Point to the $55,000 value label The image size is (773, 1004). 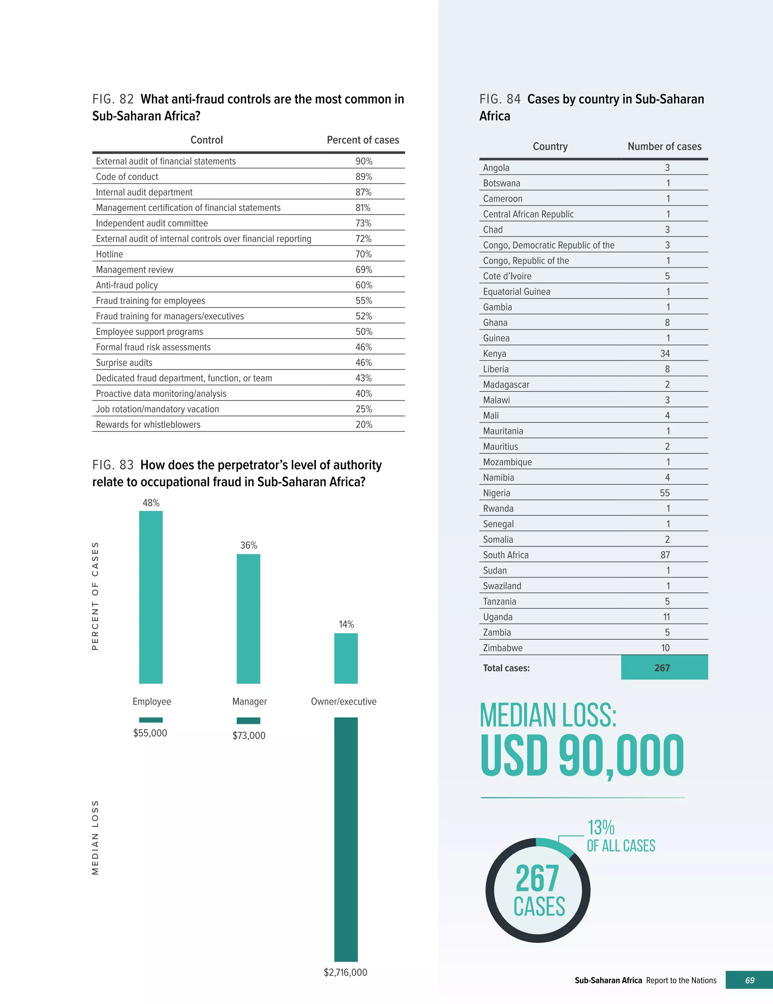pyautogui.click(x=150, y=733)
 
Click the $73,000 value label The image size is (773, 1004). pyautogui.click(x=249, y=736)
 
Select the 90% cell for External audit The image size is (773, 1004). pyautogui.click(x=363, y=161)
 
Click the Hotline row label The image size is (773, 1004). pyautogui.click(x=109, y=254)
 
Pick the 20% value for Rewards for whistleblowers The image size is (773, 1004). pyautogui.click(x=363, y=425)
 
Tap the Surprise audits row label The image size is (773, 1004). pyautogui.click(x=124, y=363)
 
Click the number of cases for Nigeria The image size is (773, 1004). pyautogui.click(x=665, y=493)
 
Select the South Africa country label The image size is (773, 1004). pyautogui.click(x=505, y=555)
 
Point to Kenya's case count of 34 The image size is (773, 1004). pyautogui.click(x=665, y=353)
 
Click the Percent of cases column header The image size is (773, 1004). pyautogui.click(x=363, y=140)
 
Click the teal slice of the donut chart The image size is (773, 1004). pyautogui.click(x=556, y=846)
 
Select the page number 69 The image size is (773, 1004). pyautogui.click(x=750, y=980)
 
